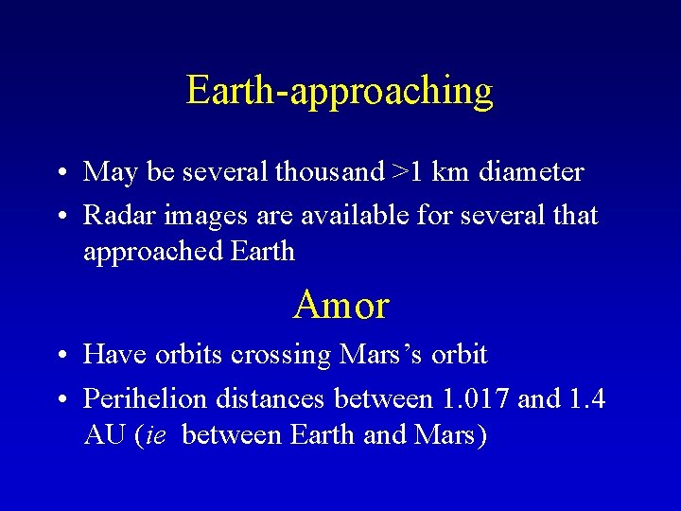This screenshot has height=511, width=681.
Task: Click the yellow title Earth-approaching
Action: pos(340,92)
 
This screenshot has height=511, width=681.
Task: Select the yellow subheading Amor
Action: pos(340,306)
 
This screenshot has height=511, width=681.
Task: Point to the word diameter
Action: pos(531,172)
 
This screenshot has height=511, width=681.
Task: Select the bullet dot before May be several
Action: pos(60,174)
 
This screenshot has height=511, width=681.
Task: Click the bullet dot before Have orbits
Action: pos(60,357)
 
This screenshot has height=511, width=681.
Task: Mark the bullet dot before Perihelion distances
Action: pos(60,400)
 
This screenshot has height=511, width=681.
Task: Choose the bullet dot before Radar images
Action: pos(60,218)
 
